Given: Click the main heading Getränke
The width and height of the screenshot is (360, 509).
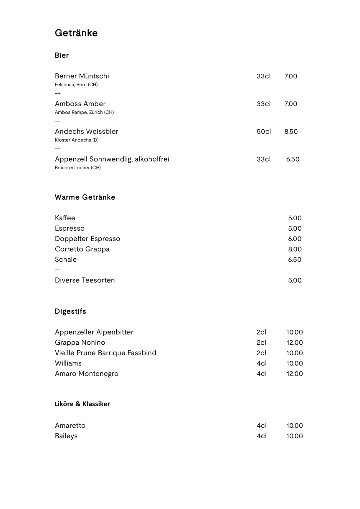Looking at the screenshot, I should click(76, 33).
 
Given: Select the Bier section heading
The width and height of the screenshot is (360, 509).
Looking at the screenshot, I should click(62, 55).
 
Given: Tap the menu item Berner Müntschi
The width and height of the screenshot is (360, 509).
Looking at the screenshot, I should click(82, 76).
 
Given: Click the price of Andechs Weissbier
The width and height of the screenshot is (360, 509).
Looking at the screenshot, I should click(291, 132).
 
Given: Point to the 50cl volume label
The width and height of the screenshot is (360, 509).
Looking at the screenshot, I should click(263, 132).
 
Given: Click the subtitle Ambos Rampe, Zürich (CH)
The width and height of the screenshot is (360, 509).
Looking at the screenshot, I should click(84, 112).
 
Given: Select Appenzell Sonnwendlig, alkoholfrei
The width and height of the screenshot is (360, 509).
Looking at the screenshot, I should click(112, 159).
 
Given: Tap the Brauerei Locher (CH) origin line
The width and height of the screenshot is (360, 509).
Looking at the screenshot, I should click(78, 168).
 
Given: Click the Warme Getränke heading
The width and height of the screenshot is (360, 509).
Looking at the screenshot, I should click(85, 197).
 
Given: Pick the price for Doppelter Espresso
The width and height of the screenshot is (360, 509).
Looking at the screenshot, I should click(295, 239).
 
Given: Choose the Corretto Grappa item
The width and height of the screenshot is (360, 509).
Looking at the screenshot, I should click(82, 249).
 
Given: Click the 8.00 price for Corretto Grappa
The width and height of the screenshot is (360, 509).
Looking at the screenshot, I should click(295, 249).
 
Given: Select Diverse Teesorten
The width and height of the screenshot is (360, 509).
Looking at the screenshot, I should click(85, 280).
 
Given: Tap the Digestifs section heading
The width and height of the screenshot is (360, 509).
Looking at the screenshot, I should click(70, 311).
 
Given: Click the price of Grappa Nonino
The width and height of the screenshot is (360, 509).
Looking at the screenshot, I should click(294, 343).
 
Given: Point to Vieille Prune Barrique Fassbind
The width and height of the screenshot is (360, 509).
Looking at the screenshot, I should click(105, 353).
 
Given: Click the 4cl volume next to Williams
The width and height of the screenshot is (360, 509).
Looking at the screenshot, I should click(261, 363).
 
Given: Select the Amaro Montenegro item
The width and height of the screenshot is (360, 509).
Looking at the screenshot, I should click(87, 374).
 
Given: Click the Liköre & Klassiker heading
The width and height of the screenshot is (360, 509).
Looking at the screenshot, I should click(82, 404).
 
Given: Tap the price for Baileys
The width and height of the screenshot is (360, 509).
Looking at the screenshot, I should click(294, 436).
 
